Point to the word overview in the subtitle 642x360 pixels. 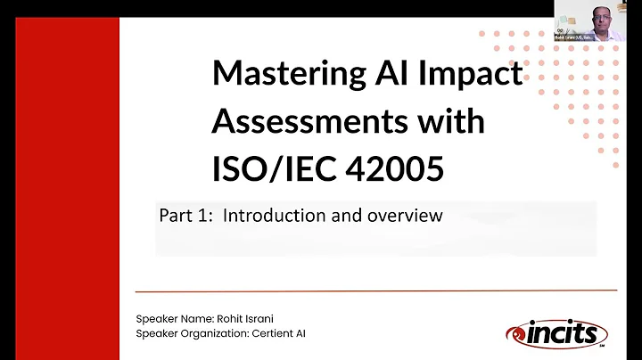coord(406,215)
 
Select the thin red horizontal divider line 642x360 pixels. coord(374,290)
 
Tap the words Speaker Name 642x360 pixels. coord(169,318)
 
